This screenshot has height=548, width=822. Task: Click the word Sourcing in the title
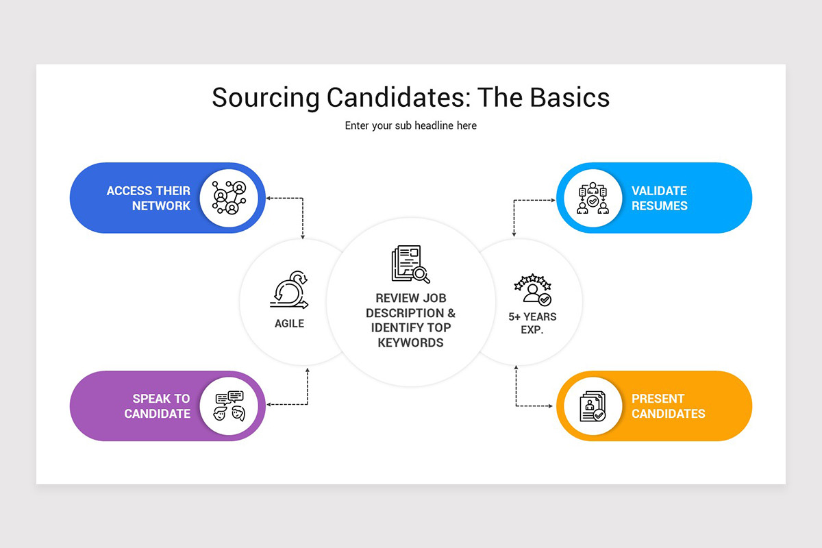[266, 98]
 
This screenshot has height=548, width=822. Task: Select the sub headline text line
[410, 125]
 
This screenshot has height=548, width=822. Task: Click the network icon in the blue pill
[229, 197]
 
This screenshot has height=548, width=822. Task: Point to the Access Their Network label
[149, 198]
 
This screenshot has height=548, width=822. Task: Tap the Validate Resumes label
[660, 198]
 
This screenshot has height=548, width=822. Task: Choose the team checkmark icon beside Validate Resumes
[593, 198]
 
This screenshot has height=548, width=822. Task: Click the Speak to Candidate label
[157, 406]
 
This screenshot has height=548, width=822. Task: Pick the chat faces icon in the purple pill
[229, 406]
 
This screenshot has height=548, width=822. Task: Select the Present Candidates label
[669, 406]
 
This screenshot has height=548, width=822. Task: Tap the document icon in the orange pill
[593, 406]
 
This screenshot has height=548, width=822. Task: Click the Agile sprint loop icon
[289, 290]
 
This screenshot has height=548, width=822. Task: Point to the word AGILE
[289, 323]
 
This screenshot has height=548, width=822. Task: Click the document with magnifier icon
[410, 264]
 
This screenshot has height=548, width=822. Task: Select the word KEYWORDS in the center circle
[410, 342]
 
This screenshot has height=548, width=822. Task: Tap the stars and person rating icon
[533, 290]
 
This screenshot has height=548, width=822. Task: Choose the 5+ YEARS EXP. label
[532, 323]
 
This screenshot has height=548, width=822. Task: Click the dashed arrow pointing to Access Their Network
[302, 199]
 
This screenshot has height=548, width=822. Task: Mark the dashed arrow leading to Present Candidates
[516, 406]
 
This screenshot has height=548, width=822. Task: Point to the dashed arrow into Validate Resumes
[514, 201]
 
